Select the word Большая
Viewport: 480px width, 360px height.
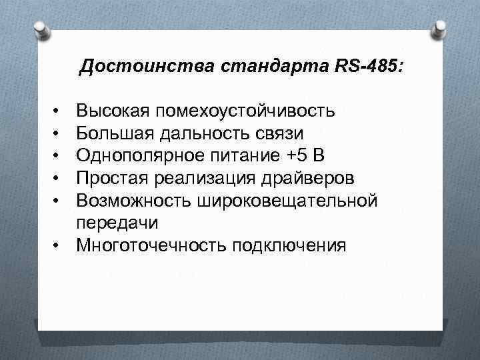(115, 133)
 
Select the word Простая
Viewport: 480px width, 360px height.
(112, 178)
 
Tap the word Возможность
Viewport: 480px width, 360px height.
(131, 200)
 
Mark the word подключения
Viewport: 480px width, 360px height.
(290, 245)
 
